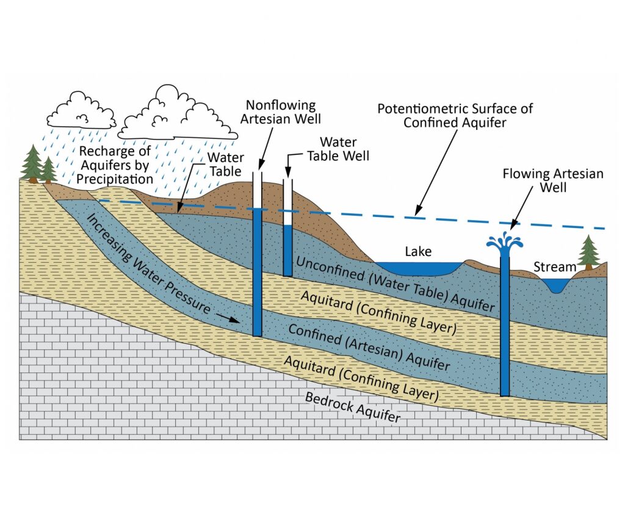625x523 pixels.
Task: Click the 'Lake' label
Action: (418, 251)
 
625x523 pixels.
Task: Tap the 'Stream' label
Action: (555, 266)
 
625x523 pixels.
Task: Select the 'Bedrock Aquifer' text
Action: (353, 407)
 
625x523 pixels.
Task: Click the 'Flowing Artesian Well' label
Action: (553, 180)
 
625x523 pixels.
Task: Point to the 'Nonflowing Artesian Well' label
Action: (281, 112)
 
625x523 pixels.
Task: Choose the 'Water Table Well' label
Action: (338, 149)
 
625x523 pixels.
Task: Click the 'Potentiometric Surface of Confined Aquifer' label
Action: (455, 115)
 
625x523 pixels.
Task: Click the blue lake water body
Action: (419, 269)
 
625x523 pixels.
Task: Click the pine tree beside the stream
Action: (589, 254)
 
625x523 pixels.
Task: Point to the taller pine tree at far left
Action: (32, 164)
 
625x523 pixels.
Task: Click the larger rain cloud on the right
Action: (178, 113)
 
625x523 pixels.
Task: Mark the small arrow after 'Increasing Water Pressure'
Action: (228, 318)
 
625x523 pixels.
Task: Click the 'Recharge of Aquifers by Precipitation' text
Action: (115, 165)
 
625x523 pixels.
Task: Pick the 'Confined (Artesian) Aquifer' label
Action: (369, 347)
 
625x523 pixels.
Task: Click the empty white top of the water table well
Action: (288, 202)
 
